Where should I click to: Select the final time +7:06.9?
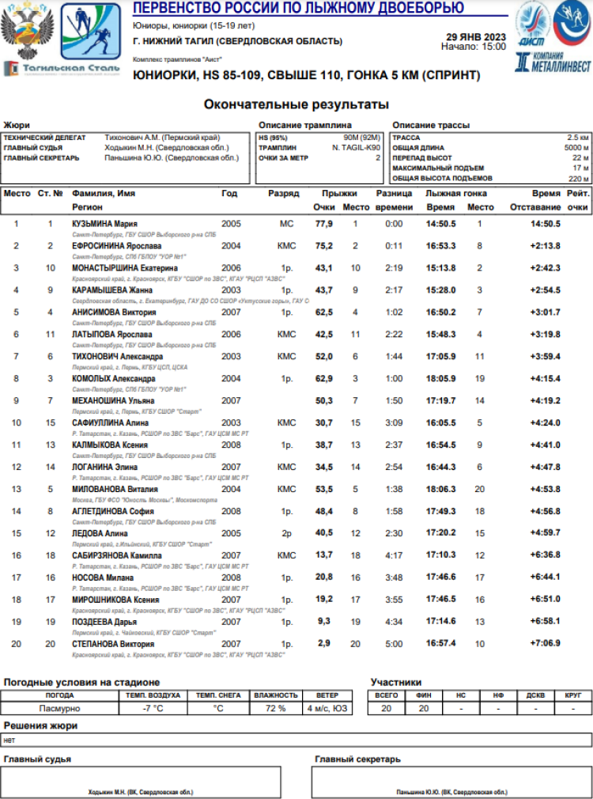point(545,644)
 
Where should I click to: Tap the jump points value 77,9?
point(323,224)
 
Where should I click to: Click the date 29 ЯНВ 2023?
point(476,36)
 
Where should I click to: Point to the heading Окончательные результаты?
point(296,104)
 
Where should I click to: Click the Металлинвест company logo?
point(553,62)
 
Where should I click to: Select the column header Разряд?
point(284,193)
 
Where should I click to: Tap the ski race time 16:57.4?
point(441,644)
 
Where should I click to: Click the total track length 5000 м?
point(576,147)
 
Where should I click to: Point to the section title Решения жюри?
point(40,725)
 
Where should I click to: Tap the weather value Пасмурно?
point(59,708)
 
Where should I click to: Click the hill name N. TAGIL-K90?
point(356,147)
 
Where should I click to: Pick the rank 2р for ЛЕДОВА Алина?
point(286,534)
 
